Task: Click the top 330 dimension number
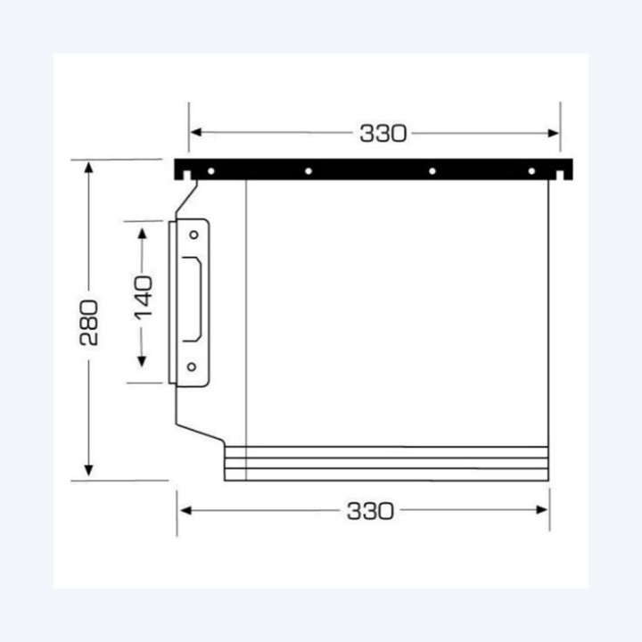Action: click(383, 134)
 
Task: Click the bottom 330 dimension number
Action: click(370, 511)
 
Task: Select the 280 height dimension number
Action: click(89, 323)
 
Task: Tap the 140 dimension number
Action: click(144, 298)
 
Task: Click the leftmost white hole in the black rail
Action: click(211, 171)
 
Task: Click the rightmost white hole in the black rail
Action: click(531, 171)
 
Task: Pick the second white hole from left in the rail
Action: click(309, 171)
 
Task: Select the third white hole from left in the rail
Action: click(432, 171)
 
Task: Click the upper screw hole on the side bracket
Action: click(193, 235)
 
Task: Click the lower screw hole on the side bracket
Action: click(191, 366)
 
